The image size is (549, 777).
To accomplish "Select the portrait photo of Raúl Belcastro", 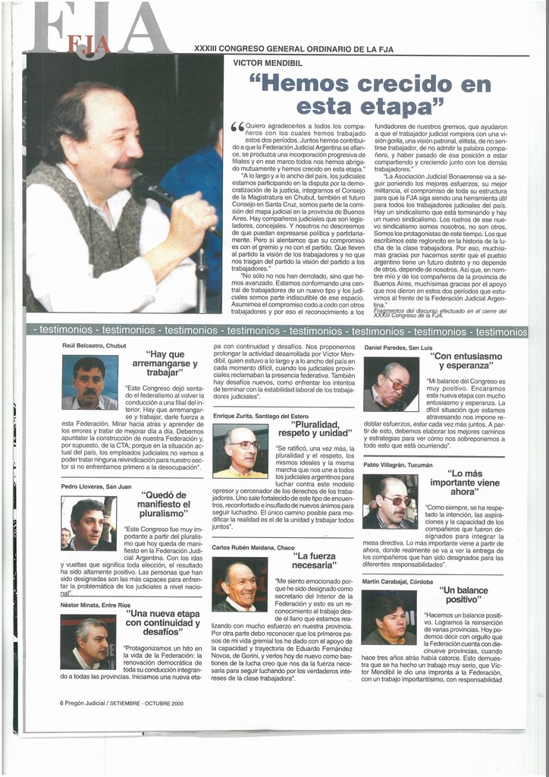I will tap(89, 382).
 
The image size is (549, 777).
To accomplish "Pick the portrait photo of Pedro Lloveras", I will tap(89, 523).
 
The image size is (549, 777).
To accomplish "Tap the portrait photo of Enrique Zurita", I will tap(240, 451).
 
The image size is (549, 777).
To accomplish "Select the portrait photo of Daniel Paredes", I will tap(391, 384).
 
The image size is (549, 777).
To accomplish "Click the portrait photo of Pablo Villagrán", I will tap(390, 502).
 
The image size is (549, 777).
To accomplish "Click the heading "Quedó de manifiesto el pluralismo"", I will tap(164, 504).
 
